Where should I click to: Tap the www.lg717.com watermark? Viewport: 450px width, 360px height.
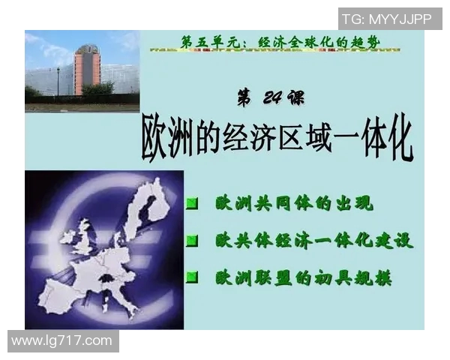[62, 341]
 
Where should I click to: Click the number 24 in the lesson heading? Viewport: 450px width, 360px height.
[271, 97]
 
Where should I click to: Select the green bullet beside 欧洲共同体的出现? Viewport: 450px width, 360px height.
[193, 203]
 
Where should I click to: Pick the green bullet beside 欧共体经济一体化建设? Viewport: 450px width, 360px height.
[193, 241]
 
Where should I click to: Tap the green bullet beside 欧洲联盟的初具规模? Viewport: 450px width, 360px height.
[193, 277]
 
